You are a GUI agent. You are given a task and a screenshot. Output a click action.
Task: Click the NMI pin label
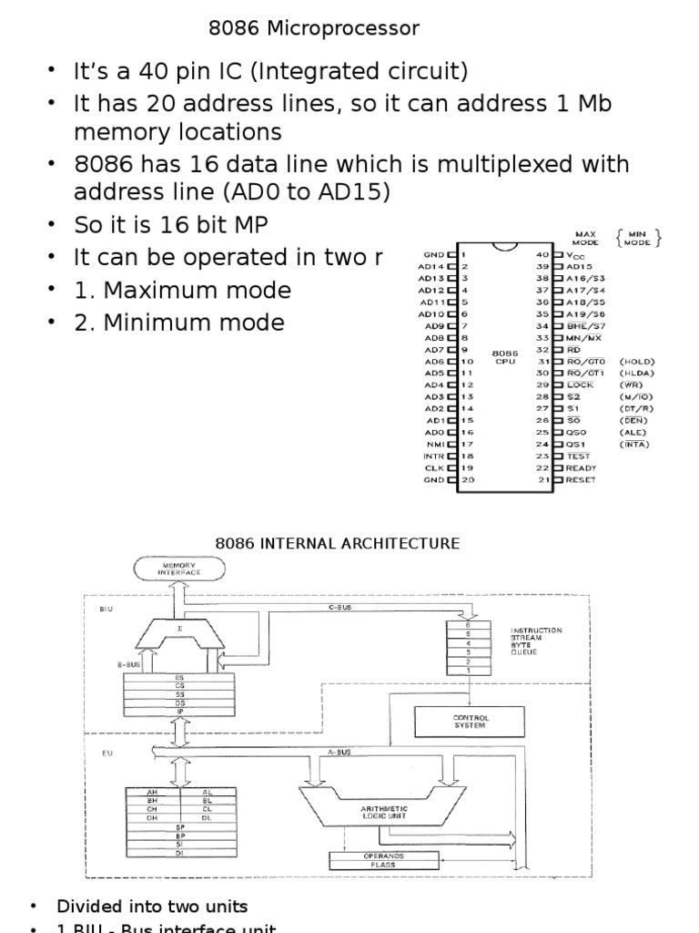[433, 444]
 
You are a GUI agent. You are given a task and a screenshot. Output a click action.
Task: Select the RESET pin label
[581, 479]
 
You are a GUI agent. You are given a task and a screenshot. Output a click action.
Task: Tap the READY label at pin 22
[581, 467]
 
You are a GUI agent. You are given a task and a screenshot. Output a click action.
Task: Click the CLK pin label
[433, 467]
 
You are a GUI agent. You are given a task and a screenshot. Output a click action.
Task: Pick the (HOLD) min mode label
[636, 362]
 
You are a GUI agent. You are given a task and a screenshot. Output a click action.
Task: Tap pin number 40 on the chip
[542, 254]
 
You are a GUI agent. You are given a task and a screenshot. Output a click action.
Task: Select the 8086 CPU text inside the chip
[503, 356]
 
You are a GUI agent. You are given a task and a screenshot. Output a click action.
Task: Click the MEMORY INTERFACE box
[180, 569]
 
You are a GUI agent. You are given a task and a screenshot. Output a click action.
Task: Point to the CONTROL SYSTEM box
[470, 722]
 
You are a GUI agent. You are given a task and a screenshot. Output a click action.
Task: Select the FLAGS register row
[384, 864]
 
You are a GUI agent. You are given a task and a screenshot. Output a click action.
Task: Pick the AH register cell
[152, 792]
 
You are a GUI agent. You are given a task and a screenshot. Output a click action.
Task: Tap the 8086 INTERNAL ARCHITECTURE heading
[337, 544]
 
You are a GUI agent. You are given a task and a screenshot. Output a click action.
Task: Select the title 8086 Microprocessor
[314, 29]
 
